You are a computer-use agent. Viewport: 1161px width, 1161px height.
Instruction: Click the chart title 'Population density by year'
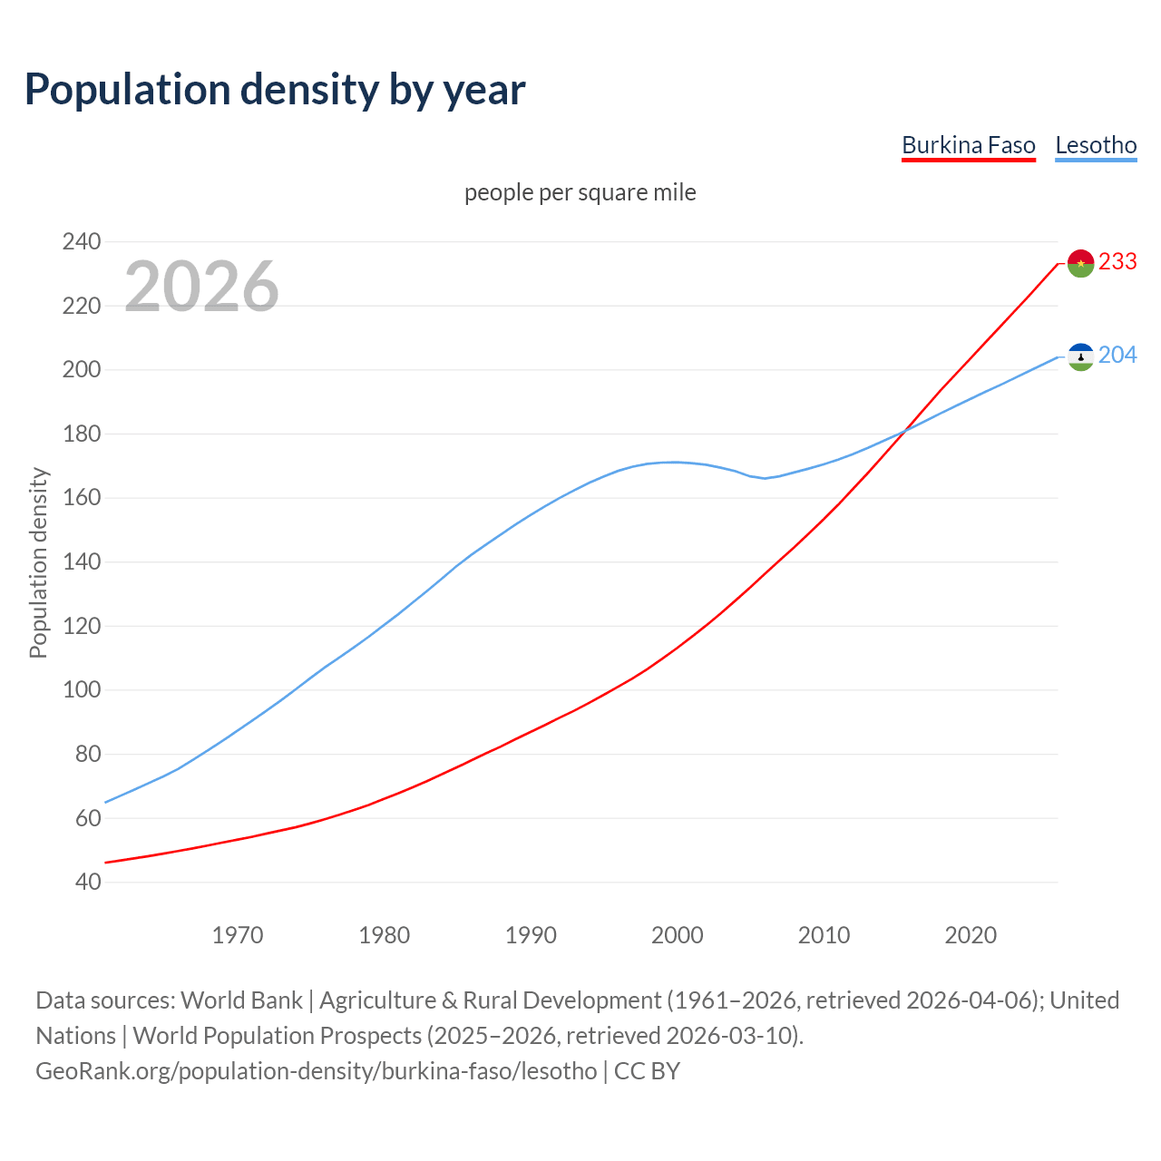point(275,90)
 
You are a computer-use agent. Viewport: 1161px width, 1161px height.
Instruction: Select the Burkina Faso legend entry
point(968,146)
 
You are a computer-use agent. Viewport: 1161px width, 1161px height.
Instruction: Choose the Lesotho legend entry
point(1096,146)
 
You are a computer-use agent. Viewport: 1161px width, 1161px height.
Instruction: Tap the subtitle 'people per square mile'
point(580,193)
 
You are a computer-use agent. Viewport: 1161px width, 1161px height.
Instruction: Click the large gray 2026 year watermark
point(201,287)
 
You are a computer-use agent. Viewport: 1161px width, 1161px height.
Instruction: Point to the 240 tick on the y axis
point(82,242)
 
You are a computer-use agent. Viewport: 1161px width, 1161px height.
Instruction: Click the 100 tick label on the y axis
point(82,690)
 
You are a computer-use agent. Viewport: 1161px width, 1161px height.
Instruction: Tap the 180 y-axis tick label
point(82,434)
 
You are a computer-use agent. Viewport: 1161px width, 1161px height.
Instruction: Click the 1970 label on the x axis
point(238,935)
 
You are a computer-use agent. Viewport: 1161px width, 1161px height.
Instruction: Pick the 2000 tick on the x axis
point(678,935)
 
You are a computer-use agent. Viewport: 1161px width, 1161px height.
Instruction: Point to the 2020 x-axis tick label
point(971,935)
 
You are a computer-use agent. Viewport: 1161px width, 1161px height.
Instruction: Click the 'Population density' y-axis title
point(38,562)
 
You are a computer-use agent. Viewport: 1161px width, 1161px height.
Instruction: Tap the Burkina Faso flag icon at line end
point(1080,263)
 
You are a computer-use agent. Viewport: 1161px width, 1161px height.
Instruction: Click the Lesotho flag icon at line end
point(1080,356)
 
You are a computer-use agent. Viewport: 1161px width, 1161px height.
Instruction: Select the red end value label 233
point(1117,262)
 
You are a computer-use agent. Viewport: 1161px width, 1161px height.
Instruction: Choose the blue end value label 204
point(1117,356)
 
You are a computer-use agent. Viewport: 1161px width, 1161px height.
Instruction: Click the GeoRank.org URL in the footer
point(317,1071)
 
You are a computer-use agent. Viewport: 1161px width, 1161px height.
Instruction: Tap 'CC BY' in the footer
point(647,1071)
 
